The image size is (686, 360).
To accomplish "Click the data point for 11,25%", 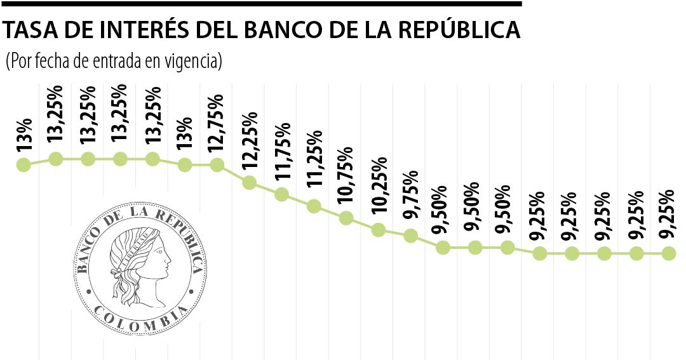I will (314, 206).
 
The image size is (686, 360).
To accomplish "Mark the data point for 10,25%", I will (379, 229).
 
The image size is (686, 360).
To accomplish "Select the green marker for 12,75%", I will (217, 165).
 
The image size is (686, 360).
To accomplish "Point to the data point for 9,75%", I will (410, 236).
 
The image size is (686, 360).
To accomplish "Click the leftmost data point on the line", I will (24, 165).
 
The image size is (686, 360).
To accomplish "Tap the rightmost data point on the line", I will (668, 253).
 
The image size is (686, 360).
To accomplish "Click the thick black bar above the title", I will (260, 4).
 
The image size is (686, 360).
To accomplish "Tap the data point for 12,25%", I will (249, 183).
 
